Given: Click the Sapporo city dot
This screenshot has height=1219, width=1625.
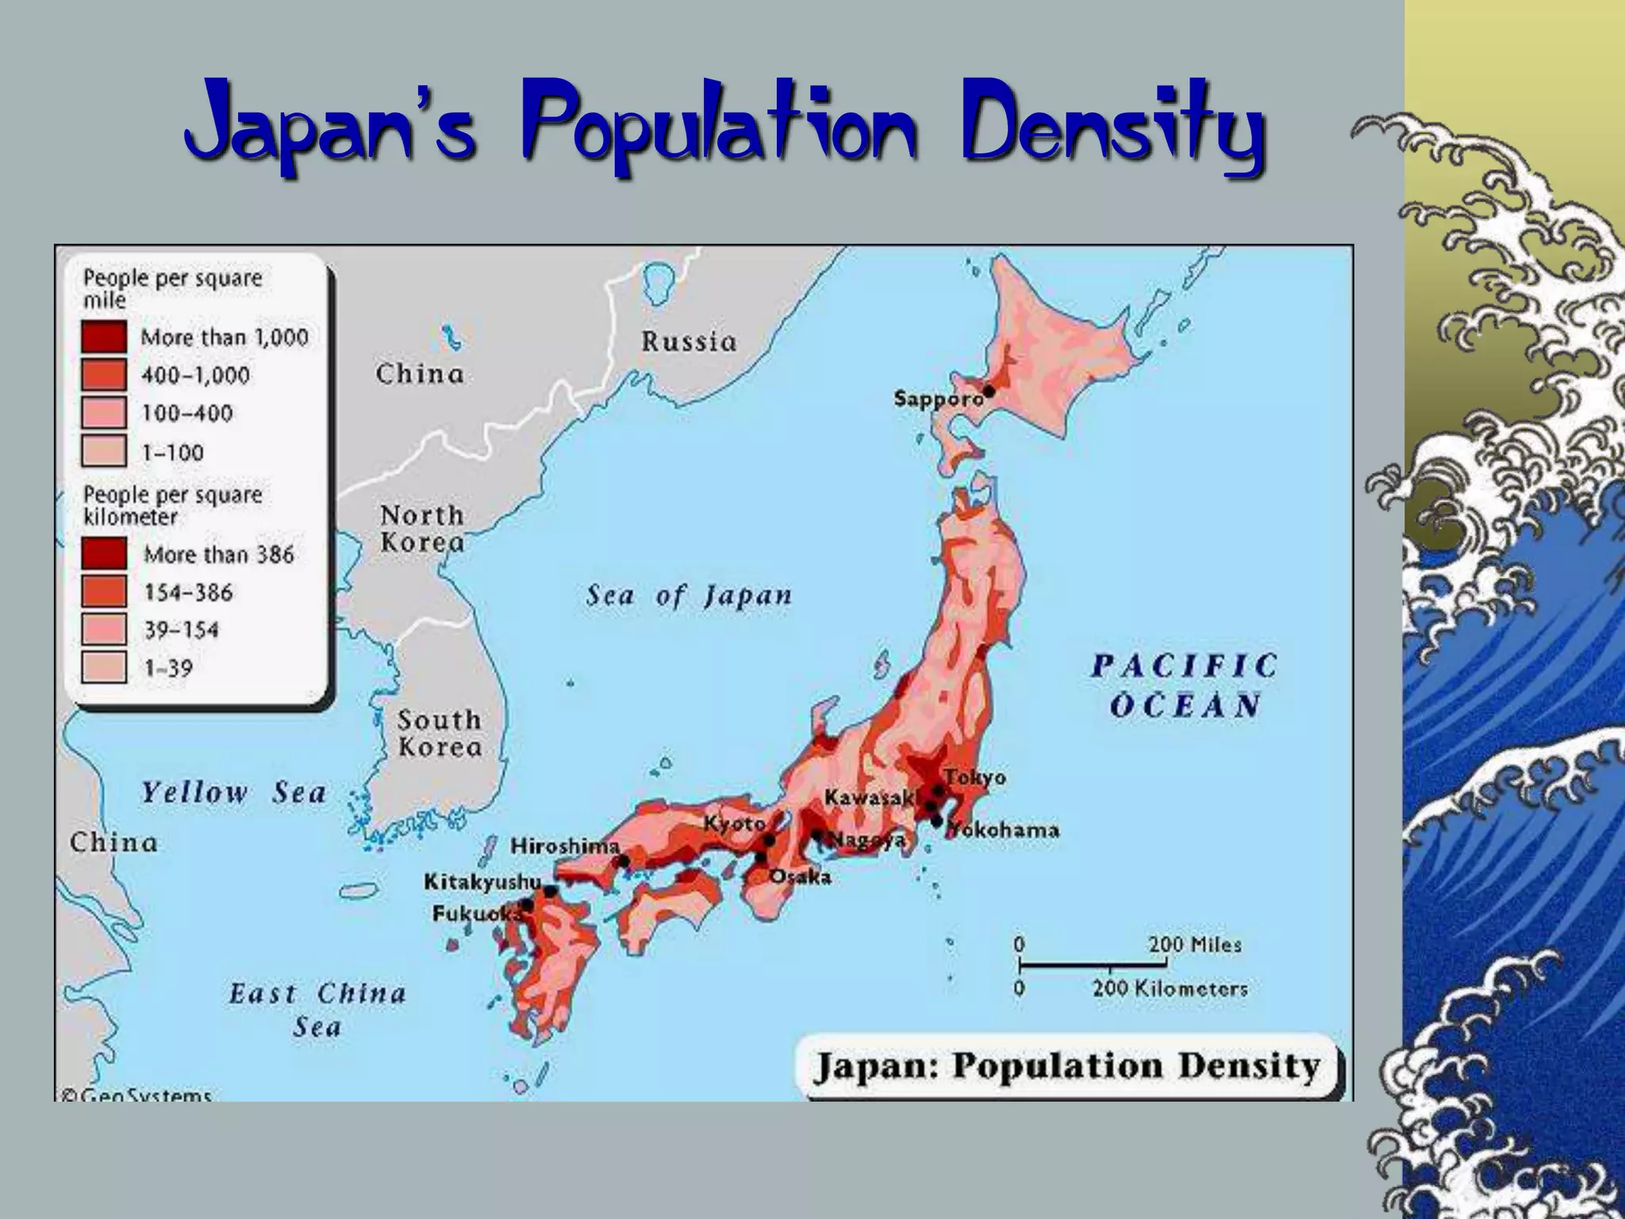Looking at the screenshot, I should (989, 391).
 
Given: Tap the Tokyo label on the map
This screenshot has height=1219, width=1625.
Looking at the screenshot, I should (975, 778).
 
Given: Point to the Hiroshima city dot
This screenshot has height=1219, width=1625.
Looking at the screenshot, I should (624, 861).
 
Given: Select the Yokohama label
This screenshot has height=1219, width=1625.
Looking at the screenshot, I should (1004, 830).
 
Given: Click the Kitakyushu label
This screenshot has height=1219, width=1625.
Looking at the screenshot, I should (482, 882).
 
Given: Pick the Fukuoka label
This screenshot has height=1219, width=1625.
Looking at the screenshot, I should (474, 914).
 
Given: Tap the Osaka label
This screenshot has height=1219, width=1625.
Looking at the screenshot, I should (801, 877).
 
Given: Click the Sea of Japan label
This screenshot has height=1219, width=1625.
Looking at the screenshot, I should (689, 596).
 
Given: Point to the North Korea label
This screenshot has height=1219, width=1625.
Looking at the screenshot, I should (422, 529).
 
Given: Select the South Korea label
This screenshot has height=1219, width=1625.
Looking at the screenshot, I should (440, 733).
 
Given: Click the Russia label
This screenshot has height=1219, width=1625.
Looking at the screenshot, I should (689, 342).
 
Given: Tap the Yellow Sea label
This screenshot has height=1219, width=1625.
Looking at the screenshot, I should (233, 793).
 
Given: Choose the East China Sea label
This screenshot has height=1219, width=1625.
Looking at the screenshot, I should (317, 1009).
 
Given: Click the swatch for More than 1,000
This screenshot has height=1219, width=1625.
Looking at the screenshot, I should (104, 336).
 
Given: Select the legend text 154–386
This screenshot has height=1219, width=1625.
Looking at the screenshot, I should (189, 592).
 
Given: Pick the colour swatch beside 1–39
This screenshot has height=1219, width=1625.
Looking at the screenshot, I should (104, 667).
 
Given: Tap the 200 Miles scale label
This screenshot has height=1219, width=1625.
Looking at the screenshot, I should (1194, 945).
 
